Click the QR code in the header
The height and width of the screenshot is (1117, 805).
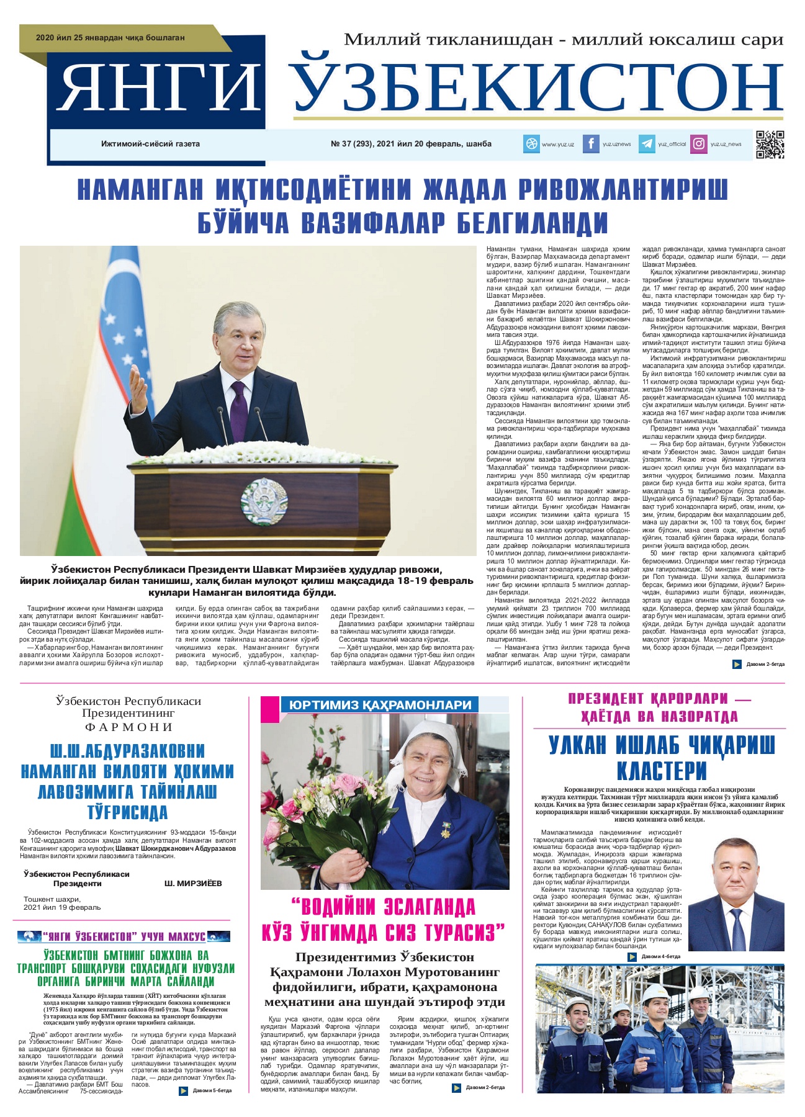tap(770, 145)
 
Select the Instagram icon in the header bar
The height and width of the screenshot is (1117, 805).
tap(699, 144)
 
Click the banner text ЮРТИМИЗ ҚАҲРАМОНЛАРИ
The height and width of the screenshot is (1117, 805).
tap(380, 705)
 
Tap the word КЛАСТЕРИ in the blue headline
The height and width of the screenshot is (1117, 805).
tap(662, 771)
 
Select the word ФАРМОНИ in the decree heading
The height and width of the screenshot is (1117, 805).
tap(128, 727)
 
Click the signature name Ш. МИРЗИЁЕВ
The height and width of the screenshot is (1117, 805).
tap(193, 883)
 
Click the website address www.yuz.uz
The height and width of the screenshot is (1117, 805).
tap(557, 145)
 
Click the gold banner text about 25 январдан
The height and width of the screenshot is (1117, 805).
tap(110, 38)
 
